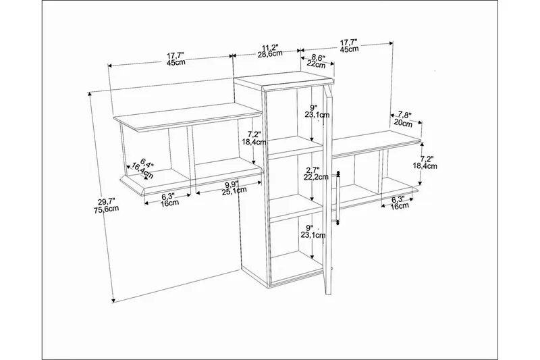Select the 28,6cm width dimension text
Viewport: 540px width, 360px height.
pos(270,53)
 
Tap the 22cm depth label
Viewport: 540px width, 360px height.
pos(316,63)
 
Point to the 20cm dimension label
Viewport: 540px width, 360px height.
pos(402,123)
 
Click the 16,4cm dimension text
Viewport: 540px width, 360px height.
pos(142,171)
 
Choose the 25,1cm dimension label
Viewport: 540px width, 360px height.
pos(234,190)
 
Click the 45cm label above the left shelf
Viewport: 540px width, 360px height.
pos(176,62)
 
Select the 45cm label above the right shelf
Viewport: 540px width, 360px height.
pos(349,49)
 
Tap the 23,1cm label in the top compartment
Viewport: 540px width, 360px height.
pos(317,114)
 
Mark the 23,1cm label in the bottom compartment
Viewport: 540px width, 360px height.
pos(313,235)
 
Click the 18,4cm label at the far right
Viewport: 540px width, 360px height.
pos(425,165)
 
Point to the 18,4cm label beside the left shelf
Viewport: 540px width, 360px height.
pos(254,142)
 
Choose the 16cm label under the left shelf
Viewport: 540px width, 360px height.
pos(169,203)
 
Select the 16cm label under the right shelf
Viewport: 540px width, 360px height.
pos(400,205)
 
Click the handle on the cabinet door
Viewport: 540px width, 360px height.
pos(338,198)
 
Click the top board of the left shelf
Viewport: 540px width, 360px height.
pos(188,117)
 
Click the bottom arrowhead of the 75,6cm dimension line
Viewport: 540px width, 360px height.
pos(113,301)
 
